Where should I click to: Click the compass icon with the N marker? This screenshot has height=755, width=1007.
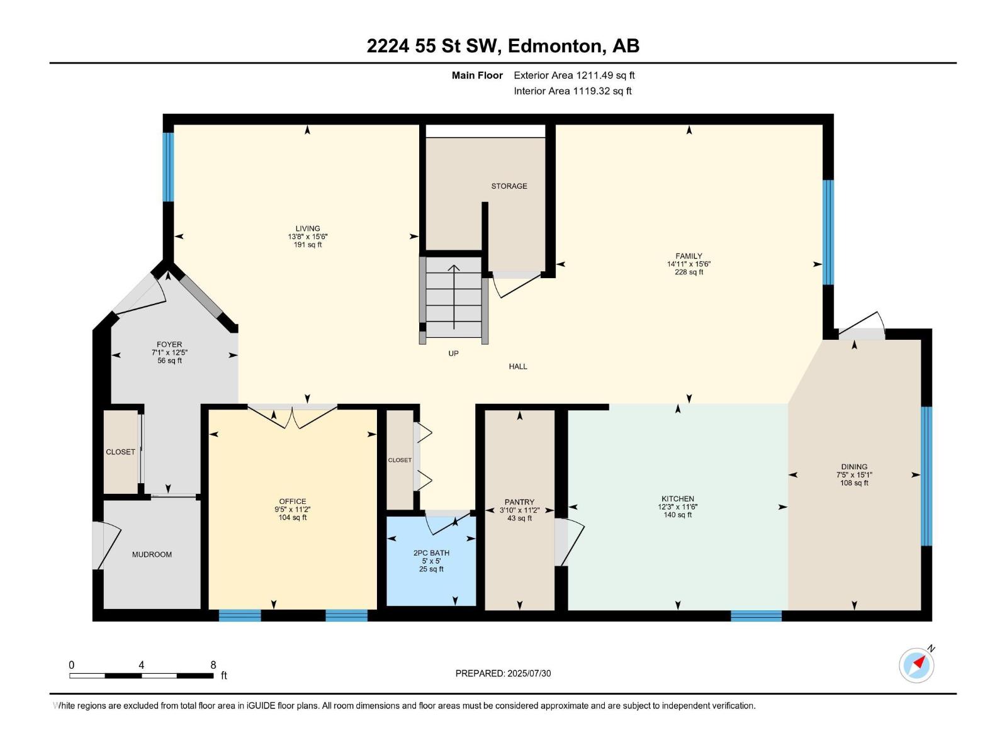tap(916, 665)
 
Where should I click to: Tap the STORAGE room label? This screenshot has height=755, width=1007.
tap(509, 186)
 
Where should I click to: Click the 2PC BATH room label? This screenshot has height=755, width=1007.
tap(431, 553)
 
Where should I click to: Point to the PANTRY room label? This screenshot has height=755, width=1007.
tap(519, 502)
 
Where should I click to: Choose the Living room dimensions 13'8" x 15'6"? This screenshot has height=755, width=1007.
tap(308, 237)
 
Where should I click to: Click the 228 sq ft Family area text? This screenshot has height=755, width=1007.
tap(689, 272)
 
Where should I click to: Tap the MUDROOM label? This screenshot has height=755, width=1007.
tap(152, 555)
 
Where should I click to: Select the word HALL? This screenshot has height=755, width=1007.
tap(518, 367)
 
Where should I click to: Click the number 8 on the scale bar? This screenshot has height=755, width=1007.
tap(213, 664)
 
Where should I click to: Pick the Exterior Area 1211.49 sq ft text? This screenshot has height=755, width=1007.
tap(575, 75)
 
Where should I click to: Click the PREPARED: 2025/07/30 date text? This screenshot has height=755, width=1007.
tap(503, 673)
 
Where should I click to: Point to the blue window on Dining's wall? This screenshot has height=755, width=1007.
tap(926, 476)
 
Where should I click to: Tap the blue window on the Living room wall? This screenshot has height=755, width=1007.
tap(169, 167)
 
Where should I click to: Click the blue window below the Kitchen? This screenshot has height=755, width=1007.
tap(756, 616)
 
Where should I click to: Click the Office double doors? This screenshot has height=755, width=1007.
tap(293, 416)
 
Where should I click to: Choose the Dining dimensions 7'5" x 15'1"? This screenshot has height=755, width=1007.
tap(854, 476)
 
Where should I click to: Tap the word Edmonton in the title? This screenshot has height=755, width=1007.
tap(554, 47)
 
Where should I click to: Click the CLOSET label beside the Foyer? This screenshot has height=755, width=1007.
tap(121, 452)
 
